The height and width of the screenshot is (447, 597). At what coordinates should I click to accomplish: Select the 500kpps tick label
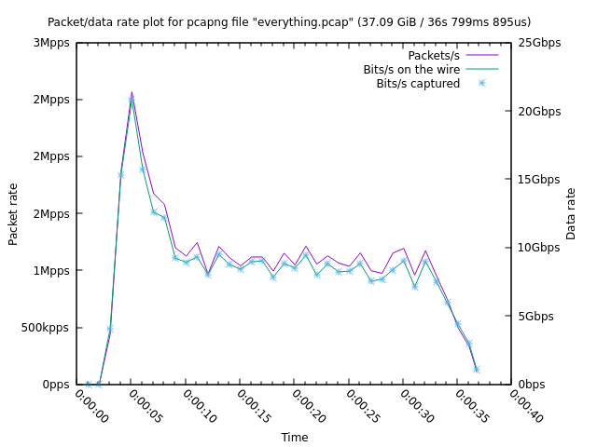[45, 328]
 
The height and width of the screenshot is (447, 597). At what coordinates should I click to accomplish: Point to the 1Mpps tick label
[51, 271]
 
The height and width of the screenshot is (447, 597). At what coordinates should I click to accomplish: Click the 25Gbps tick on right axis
[540, 43]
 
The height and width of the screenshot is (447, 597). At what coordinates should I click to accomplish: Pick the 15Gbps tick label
[540, 179]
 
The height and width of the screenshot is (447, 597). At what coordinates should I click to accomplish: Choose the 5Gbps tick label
[536, 316]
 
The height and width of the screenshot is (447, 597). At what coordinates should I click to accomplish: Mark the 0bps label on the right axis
[533, 384]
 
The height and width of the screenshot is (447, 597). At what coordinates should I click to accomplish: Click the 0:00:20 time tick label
[307, 406]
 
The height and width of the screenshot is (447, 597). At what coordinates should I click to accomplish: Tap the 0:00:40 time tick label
[525, 406]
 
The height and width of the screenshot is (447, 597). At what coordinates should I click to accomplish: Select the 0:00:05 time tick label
[145, 406]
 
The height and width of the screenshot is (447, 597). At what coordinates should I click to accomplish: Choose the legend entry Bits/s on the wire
[410, 69]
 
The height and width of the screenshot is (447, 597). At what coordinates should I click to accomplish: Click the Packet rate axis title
[13, 213]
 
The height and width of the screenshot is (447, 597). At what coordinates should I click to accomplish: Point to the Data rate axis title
[571, 213]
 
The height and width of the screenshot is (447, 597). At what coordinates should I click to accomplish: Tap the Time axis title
[295, 437]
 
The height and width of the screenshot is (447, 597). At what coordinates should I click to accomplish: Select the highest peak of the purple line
[132, 91]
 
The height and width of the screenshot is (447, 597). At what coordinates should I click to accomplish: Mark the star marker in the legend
[482, 83]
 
